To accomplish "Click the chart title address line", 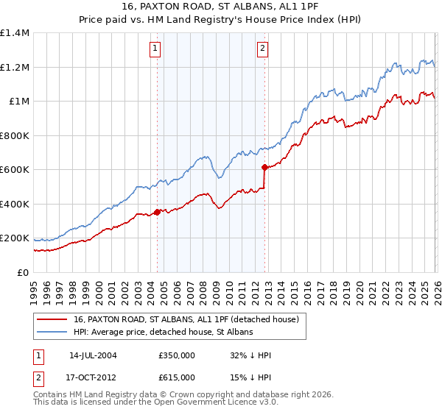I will click(x=221, y=8).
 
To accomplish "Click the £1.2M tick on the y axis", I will click(x=14, y=67).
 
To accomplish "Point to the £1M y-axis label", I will click(x=18, y=102).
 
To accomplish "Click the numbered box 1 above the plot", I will click(x=156, y=49).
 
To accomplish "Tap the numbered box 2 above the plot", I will click(x=262, y=49).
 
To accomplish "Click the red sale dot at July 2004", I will click(x=158, y=213).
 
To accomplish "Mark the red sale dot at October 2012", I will click(x=264, y=168).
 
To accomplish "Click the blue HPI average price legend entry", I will click(x=163, y=333).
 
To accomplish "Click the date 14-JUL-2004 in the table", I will click(x=93, y=355).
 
